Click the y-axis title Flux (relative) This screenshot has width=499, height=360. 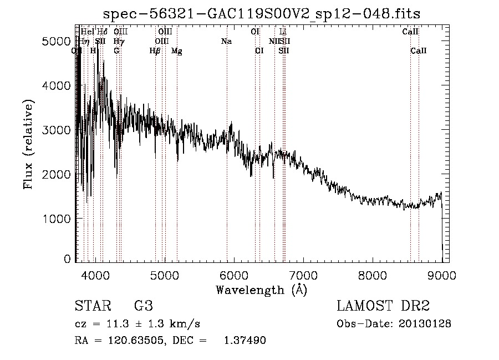pyautogui.click(x=28, y=145)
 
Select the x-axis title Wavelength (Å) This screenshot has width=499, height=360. pyautogui.click(x=262, y=290)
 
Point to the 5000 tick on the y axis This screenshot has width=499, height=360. pyautogui.click(x=55, y=41)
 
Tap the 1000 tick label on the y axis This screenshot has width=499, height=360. pyautogui.click(x=55, y=219)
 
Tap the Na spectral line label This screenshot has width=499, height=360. pyautogui.click(x=226, y=42)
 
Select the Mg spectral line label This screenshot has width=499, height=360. pyautogui.click(x=176, y=51)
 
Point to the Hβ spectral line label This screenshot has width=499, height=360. pyautogui.click(x=155, y=51)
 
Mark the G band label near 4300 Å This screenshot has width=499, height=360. pyautogui.click(x=116, y=51)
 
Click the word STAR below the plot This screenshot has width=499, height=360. pyautogui.click(x=89, y=306)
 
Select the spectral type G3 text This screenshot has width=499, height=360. pyautogui.click(x=144, y=306)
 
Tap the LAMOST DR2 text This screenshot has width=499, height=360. pyautogui.click(x=383, y=306)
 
